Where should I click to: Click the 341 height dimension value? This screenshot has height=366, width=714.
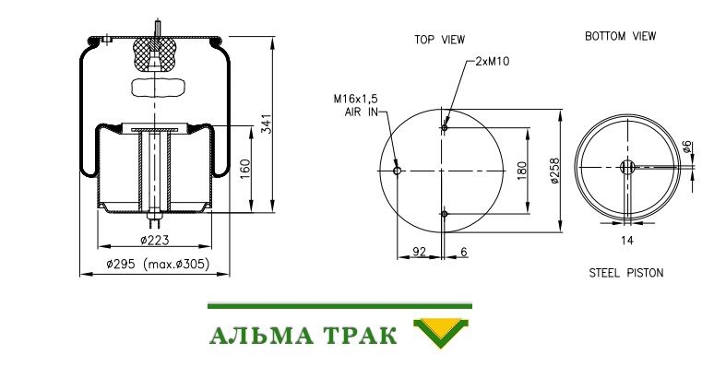pos(267,124)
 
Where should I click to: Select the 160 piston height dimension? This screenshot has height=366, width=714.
pos(245,169)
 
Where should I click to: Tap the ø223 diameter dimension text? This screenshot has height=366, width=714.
pos(154,240)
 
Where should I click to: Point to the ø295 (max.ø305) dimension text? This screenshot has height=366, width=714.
pos(158,264)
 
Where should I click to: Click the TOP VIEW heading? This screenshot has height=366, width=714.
pos(439,40)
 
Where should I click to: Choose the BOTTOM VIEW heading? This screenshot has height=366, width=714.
pos(620,36)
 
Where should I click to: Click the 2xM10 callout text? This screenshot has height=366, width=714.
pos(493,62)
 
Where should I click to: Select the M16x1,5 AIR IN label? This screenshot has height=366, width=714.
pos(356,105)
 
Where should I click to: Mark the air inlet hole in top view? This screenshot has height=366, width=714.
pos(397,171)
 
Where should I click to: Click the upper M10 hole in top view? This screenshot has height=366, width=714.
pos(445,128)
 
